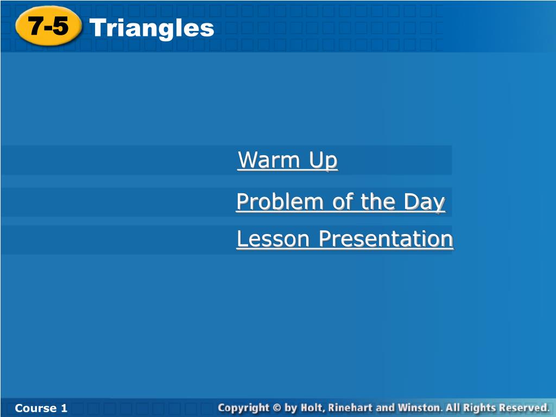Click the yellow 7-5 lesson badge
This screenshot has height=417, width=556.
click(48, 26)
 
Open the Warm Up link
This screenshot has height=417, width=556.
click(288, 160)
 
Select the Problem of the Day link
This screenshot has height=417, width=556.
click(341, 202)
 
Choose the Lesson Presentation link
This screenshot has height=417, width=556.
click(345, 239)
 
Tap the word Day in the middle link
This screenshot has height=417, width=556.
click(425, 203)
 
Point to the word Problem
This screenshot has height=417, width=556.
click(280, 202)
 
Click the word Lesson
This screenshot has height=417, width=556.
click(273, 239)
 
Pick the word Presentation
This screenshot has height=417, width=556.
click(386, 239)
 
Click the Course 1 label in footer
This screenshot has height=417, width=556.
click(41, 408)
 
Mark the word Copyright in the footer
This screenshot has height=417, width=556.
click(244, 408)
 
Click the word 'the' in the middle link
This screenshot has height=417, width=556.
click(378, 202)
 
